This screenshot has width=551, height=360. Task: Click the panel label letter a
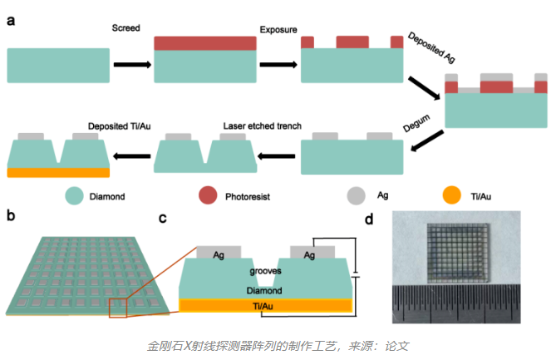(x=11, y=22)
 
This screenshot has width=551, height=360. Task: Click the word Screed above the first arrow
(x=126, y=28)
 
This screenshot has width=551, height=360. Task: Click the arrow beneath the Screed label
(x=131, y=64)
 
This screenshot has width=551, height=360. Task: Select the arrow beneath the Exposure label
(x=277, y=64)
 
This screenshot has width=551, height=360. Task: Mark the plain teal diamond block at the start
(x=58, y=65)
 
